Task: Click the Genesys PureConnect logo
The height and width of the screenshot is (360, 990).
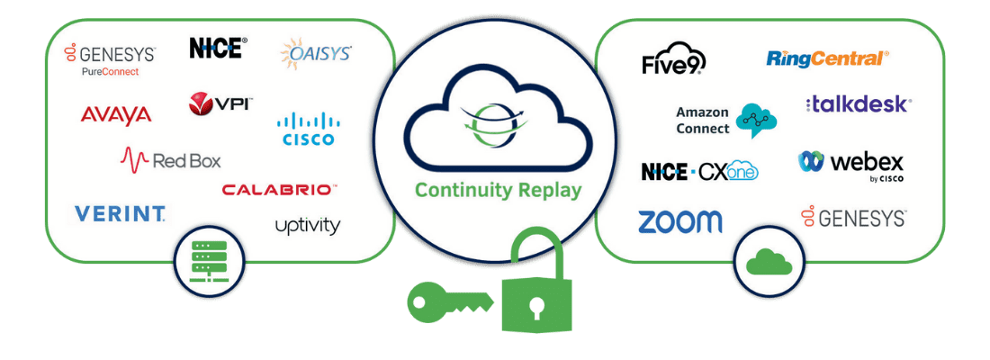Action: (109, 59)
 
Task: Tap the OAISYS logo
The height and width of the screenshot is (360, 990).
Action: (316, 54)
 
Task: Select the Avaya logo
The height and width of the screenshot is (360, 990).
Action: (115, 114)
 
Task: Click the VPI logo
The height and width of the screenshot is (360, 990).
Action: (220, 103)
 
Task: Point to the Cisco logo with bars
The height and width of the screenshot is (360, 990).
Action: (308, 129)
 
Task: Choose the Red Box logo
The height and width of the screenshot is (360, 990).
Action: (171, 160)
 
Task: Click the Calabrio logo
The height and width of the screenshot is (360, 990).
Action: (279, 189)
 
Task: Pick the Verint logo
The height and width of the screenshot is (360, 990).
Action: (120, 213)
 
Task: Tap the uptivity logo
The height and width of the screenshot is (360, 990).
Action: (308, 225)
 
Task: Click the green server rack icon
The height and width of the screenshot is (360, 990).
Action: (210, 262)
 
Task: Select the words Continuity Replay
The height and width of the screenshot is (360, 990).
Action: (498, 191)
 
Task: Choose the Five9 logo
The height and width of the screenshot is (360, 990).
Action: (673, 61)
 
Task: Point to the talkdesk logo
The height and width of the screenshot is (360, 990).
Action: (858, 103)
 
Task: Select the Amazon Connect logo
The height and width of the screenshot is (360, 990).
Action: (725, 120)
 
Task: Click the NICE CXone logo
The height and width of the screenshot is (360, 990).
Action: (699, 171)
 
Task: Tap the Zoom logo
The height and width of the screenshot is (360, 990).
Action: (679, 221)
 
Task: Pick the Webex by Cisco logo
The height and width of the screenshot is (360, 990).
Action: (850, 164)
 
